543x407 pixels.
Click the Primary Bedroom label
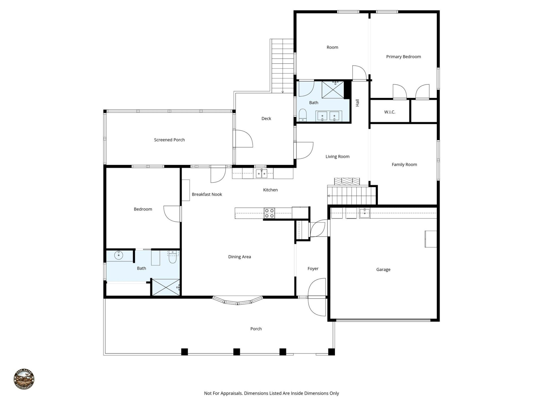[403, 57]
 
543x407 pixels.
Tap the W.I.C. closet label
[389, 112]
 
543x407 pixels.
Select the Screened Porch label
[169, 140]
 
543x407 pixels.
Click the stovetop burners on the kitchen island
[269, 213]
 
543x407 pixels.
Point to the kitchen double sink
[261, 174]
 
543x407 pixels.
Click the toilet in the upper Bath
[303, 115]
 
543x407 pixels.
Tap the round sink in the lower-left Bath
[118, 256]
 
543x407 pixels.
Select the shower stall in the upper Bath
[333, 90]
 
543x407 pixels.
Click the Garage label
[383, 270]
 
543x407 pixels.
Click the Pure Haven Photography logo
[24, 379]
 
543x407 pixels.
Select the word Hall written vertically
[357, 103]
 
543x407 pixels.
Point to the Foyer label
[313, 269]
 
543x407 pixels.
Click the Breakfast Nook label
[207, 194]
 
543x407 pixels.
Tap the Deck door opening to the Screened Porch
[243, 138]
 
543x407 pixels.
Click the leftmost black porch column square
[184, 352]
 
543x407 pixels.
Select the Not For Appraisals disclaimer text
[271, 393]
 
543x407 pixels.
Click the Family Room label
[404, 164]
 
